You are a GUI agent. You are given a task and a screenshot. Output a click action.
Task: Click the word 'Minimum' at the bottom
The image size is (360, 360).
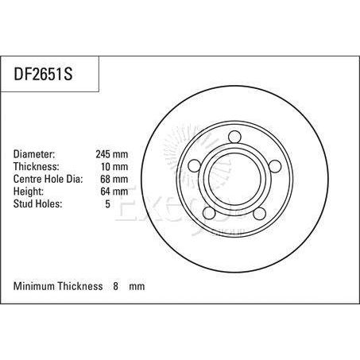[36, 285]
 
